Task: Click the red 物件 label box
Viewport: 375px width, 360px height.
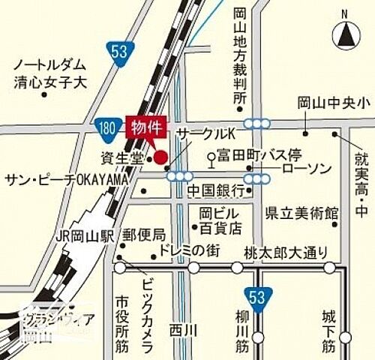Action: [x=148, y=127]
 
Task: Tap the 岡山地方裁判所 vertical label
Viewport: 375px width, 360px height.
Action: [x=239, y=56]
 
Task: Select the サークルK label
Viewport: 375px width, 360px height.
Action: [x=205, y=133]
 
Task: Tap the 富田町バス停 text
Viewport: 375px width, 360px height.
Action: [x=259, y=155]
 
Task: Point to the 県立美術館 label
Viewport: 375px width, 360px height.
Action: [x=301, y=213]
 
